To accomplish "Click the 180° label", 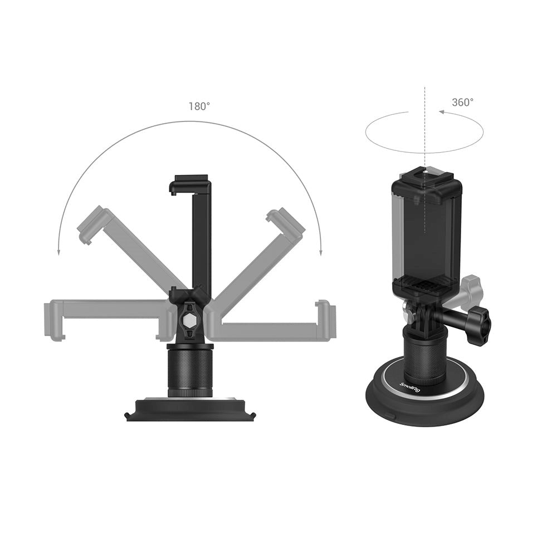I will pos(199,106).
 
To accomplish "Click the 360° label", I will pos(462,102).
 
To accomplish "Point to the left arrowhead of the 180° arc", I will pos(58,252).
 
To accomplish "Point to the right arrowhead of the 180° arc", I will pos(320,252).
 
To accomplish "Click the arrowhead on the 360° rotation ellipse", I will pos(442,112).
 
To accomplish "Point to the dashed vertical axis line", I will pos(424,134).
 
